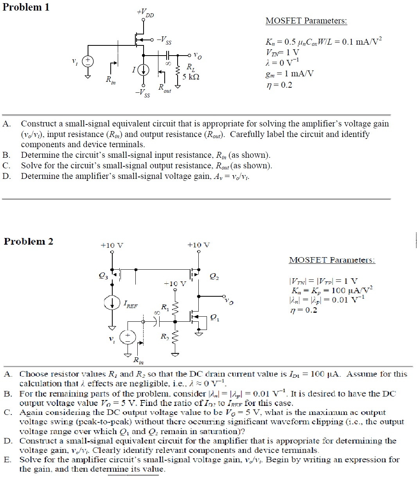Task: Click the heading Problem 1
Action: coord(26,7)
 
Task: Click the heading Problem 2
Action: coord(28,241)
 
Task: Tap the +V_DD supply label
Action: coord(146,13)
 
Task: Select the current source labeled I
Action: coord(144,70)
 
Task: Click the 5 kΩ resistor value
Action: coord(191,77)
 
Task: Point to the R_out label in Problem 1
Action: coord(164,88)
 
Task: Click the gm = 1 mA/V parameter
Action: coord(289,74)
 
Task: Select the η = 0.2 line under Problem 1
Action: coord(279,85)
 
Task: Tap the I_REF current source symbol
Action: coord(112,303)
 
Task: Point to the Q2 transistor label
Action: coord(214,277)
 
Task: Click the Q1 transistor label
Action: coord(215,318)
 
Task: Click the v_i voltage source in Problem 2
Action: coord(128,337)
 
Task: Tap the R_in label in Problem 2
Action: coord(138,360)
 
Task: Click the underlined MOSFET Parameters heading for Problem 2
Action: coord(332,260)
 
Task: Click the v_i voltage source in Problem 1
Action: coord(88,61)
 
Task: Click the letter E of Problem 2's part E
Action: coord(7,460)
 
